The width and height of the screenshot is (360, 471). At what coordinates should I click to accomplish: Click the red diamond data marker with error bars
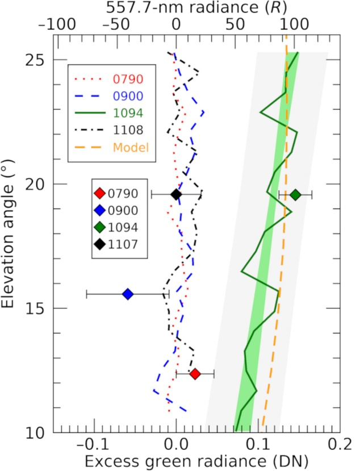coord(195,374)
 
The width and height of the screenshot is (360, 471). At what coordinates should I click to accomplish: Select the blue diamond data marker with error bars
coord(128,294)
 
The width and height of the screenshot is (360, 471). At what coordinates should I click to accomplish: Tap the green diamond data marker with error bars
coord(295,195)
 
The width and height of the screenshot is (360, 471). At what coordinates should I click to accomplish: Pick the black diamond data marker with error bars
coord(176,195)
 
